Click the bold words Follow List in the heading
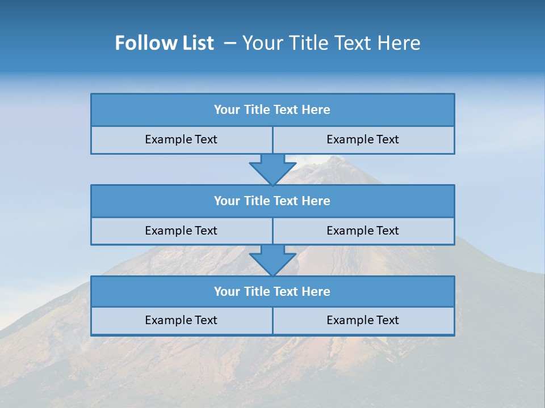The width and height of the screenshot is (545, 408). click(x=164, y=43)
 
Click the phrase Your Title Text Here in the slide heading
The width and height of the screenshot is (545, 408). click(x=331, y=43)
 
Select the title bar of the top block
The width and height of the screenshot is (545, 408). click(x=272, y=110)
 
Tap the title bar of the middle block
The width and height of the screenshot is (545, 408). click(x=272, y=201)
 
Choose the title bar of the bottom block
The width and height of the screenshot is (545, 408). click(x=272, y=291)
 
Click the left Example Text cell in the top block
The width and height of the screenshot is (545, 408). click(x=181, y=139)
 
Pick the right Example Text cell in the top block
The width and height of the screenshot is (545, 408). click(x=363, y=139)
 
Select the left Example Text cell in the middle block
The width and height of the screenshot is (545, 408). click(x=181, y=231)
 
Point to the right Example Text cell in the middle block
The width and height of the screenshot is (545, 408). click(x=363, y=231)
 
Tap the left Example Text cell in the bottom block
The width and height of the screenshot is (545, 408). click(x=181, y=320)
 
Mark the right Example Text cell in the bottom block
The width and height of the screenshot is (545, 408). click(x=363, y=320)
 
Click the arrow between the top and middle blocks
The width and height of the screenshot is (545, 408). click(x=272, y=169)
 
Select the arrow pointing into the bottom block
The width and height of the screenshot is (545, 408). click(x=272, y=260)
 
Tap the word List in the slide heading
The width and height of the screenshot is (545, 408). click(x=199, y=43)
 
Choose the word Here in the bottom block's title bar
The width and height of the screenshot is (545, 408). click(x=316, y=291)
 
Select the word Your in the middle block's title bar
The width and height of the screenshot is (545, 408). click(x=227, y=201)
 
